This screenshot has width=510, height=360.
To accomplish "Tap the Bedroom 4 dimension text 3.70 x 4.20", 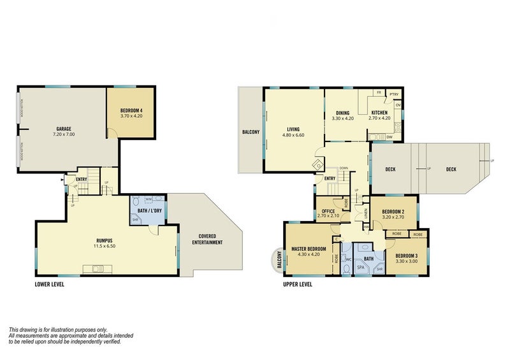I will click(x=131, y=117).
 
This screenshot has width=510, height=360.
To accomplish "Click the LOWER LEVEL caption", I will click(x=50, y=284).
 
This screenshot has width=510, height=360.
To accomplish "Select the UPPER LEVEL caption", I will click(x=297, y=284).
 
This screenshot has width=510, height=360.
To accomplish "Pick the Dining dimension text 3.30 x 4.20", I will click(x=342, y=119).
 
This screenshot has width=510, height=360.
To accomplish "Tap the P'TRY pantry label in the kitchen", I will click(x=394, y=94).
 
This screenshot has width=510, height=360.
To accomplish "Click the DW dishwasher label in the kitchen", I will click(x=389, y=136).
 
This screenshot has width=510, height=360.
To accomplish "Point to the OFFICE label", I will click(x=329, y=211).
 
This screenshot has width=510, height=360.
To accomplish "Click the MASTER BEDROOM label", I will click(x=309, y=248).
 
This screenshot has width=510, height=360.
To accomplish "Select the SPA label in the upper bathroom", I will click(x=361, y=268).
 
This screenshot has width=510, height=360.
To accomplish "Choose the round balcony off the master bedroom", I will click(x=278, y=259).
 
